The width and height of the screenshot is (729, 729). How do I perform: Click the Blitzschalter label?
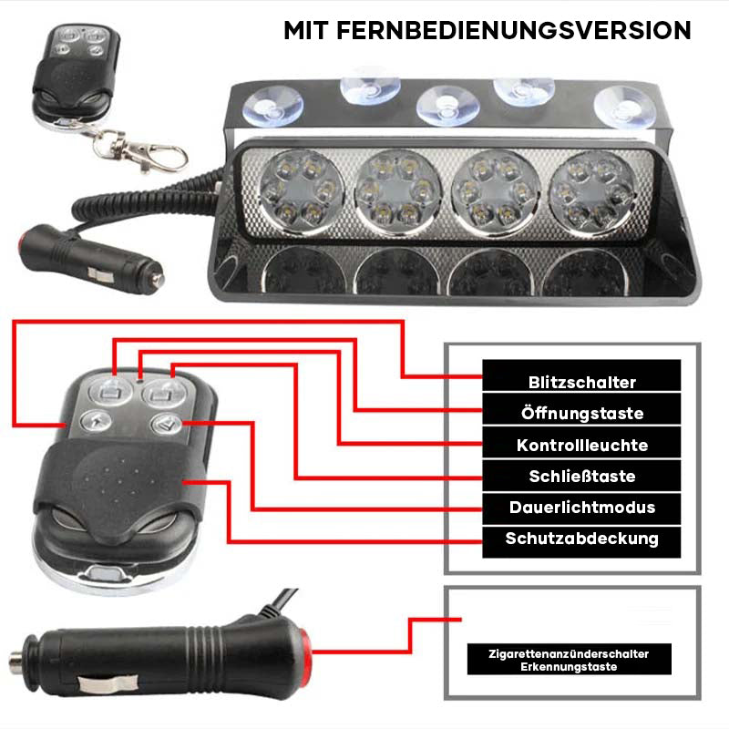[581, 382]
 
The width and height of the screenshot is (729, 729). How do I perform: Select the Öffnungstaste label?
[582, 413]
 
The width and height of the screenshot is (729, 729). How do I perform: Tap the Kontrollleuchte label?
[582, 445]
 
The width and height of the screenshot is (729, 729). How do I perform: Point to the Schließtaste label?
[582, 476]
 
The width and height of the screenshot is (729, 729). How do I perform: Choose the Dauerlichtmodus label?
[582, 508]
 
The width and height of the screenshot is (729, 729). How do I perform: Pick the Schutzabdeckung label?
[582, 539]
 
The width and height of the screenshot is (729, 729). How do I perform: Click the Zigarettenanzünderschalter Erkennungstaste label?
[569, 660]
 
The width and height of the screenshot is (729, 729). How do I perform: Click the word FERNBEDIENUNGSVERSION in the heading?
[514, 30]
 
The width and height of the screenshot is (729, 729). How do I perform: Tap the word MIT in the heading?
[306, 30]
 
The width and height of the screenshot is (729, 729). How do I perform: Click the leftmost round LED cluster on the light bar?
[301, 192]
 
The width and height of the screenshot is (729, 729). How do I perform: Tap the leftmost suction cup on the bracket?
[272, 108]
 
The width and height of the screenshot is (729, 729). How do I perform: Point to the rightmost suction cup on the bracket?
[625, 108]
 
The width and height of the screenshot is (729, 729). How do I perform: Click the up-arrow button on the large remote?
[96, 421]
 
